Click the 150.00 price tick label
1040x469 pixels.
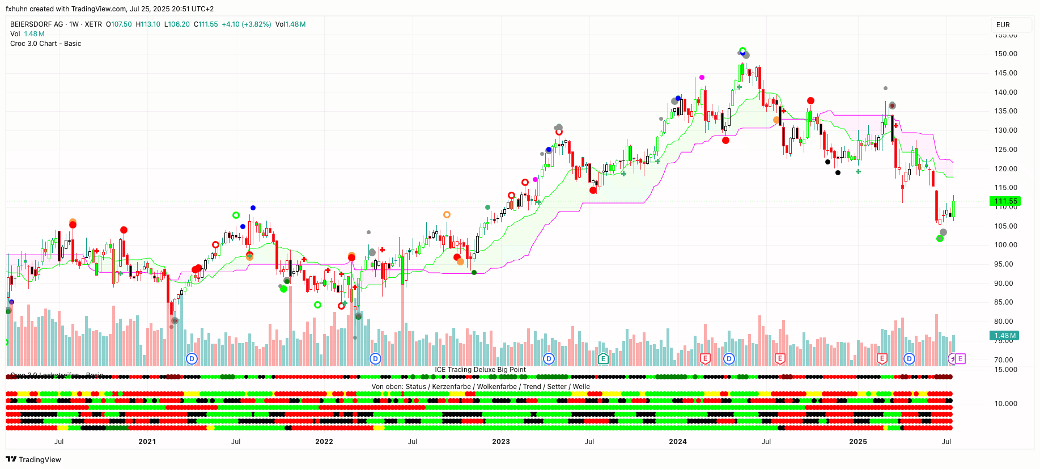pyautogui.click(x=1005, y=54)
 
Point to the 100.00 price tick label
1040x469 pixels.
pyautogui.click(x=1005, y=245)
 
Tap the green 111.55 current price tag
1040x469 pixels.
pyautogui.click(x=1005, y=201)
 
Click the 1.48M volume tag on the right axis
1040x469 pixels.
pyautogui.click(x=1005, y=336)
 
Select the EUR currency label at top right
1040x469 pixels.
pyautogui.click(x=1003, y=25)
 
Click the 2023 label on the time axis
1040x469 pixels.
pyautogui.click(x=500, y=442)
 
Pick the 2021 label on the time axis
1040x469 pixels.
pyautogui.click(x=147, y=442)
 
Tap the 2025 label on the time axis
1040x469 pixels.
pyautogui.click(x=858, y=442)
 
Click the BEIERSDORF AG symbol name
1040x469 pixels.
pyautogui.click(x=37, y=24)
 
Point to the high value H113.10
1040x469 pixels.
pyautogui.click(x=148, y=24)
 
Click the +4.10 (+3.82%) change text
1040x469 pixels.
pyautogui.click(x=246, y=24)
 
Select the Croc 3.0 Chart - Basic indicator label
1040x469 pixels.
pyautogui.click(x=45, y=44)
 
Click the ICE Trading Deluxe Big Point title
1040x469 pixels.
pyautogui.click(x=480, y=370)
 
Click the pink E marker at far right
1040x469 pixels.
pyautogui.click(x=960, y=358)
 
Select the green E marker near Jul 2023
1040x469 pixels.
pyautogui.click(x=603, y=358)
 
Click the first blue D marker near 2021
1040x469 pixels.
pyautogui.click(x=192, y=358)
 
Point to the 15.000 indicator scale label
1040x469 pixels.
pyautogui.click(x=1005, y=370)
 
